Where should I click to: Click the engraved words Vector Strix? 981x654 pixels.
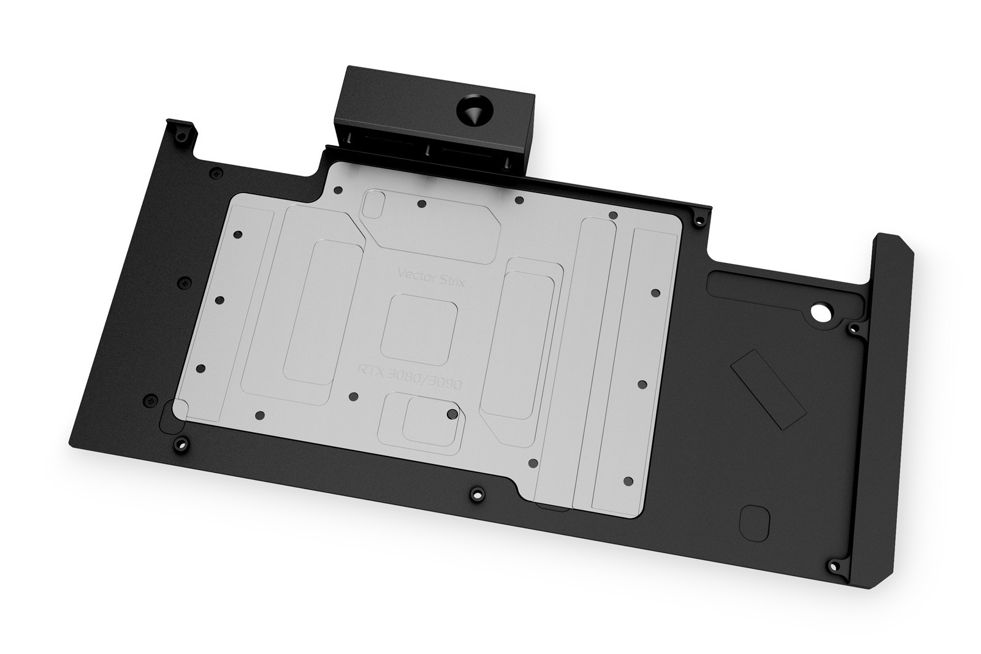431,278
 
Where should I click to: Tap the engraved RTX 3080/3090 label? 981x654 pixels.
410,378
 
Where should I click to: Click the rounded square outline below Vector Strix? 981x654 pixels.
419,330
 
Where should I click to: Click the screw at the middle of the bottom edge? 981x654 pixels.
477,495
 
